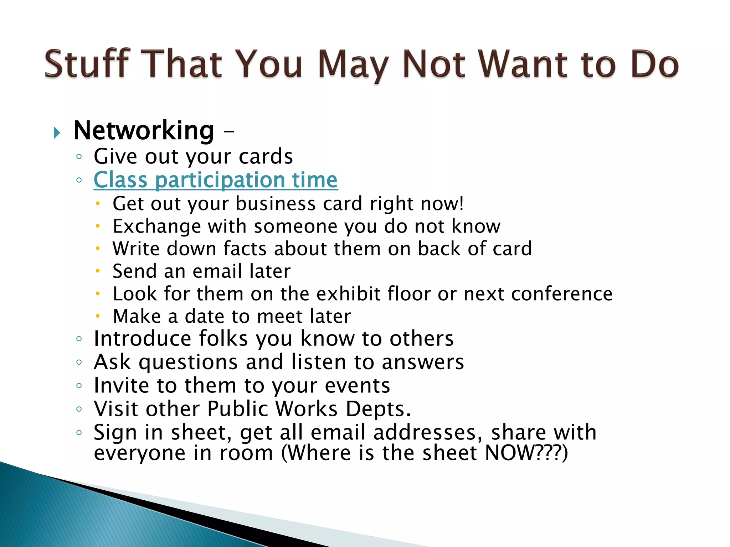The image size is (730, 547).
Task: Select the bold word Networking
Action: pos(144,131)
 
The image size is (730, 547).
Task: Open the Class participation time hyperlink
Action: pos(215,180)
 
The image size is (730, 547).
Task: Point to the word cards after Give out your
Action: pos(266,157)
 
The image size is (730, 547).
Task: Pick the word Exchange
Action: pos(157,226)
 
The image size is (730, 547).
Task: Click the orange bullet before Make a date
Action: pos(98,316)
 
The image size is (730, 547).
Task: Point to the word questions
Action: pos(188,363)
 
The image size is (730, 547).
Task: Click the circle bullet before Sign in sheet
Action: pos(79,433)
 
